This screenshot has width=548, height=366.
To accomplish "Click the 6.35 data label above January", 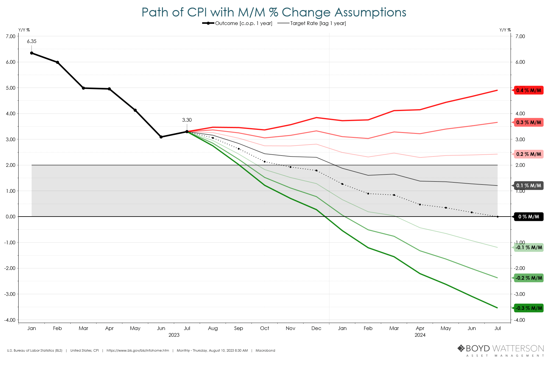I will click(x=32, y=41).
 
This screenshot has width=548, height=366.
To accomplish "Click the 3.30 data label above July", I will click(x=187, y=120).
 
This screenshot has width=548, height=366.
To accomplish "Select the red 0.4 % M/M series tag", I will click(x=529, y=90).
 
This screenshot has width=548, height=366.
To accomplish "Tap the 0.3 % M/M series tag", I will click(x=529, y=123).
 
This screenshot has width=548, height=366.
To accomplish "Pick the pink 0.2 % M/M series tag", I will click(x=529, y=154).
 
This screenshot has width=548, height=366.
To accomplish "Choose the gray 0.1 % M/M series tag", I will click(x=529, y=186).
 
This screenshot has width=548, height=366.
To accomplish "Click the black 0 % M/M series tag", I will click(x=529, y=217).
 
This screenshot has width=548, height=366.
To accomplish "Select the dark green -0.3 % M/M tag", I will click(x=529, y=308).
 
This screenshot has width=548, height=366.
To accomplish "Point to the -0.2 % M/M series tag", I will click(x=529, y=278).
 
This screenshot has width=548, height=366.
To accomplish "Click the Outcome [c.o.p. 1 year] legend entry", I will click(x=237, y=23).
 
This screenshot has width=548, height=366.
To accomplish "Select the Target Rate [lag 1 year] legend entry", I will click(x=312, y=23).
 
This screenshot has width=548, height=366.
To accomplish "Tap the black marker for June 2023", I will click(x=161, y=137).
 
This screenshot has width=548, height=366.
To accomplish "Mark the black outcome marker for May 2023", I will click(x=135, y=110).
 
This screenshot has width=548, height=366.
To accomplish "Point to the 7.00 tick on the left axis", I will click(x=11, y=36).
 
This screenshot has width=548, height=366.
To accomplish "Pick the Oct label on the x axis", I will click(x=265, y=328).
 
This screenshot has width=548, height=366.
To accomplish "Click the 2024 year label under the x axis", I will click(x=420, y=335).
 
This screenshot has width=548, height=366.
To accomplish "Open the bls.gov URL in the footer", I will click(x=138, y=351).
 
